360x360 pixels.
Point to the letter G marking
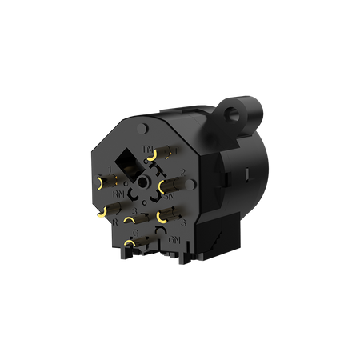coord(136,233)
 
